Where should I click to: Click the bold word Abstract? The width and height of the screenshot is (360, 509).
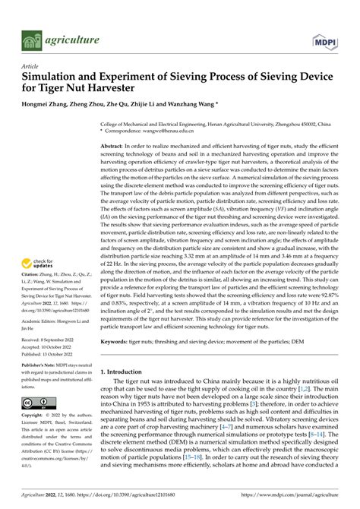115,144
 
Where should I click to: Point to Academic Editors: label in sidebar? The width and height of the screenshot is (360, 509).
44,321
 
